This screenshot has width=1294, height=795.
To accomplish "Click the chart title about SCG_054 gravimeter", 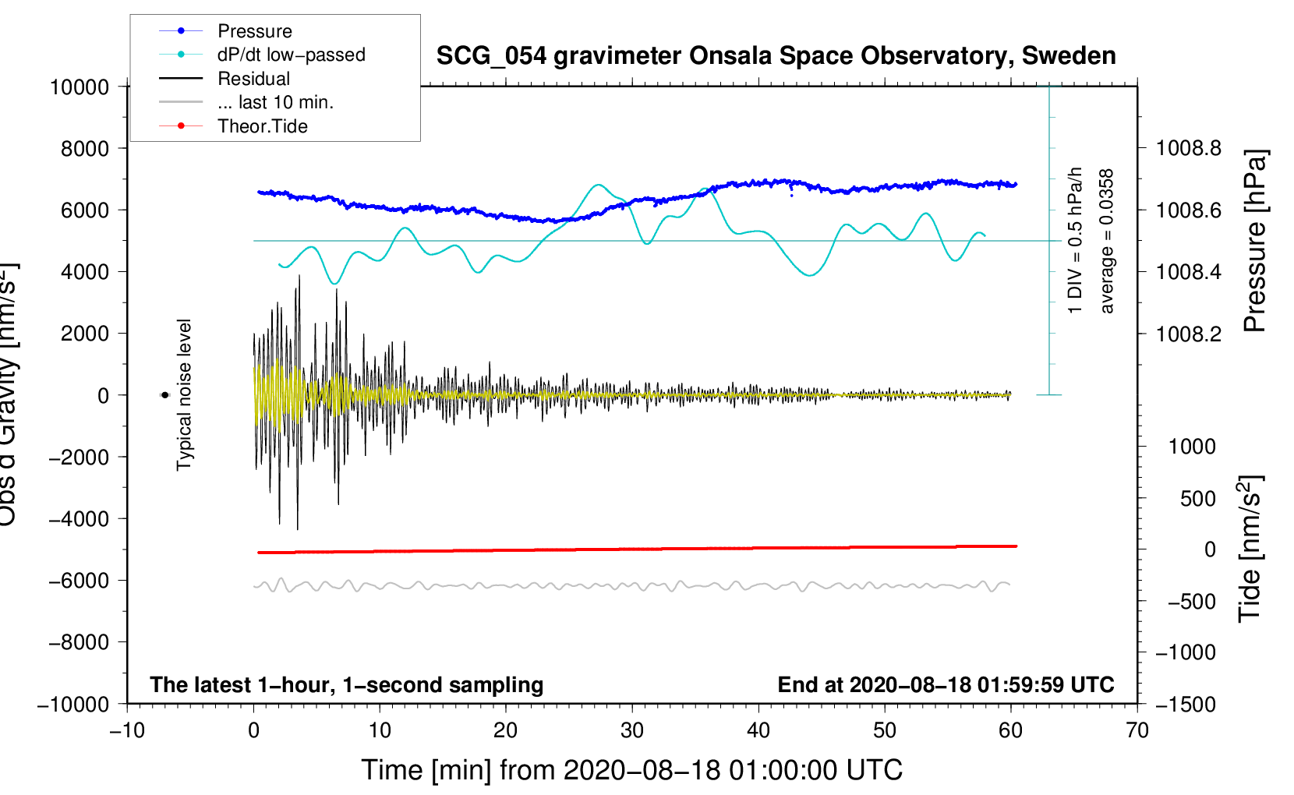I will (x=776, y=56).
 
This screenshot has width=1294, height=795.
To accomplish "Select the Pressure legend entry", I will (x=254, y=31).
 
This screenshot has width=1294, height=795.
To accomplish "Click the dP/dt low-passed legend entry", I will (x=291, y=55).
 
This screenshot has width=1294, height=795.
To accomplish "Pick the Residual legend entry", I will (x=253, y=79).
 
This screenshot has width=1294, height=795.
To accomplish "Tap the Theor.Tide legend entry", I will (x=262, y=126).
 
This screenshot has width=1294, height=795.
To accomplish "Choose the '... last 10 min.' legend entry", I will (x=275, y=102).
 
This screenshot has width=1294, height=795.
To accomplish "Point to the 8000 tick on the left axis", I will (x=85, y=148).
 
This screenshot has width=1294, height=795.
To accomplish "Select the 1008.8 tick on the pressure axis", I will (x=1189, y=148).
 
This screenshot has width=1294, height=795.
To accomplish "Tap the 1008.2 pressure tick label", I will (x=1189, y=334).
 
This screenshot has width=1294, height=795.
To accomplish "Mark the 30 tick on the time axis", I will (x=632, y=730).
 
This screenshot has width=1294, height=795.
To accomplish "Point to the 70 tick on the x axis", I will (x=1137, y=730).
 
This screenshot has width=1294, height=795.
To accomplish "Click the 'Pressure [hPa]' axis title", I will (x=1255, y=242).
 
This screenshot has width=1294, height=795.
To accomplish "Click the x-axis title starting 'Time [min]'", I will (x=632, y=770).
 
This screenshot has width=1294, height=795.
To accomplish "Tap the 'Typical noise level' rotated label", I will (x=184, y=394).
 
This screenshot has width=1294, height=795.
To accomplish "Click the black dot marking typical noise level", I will (x=164, y=395).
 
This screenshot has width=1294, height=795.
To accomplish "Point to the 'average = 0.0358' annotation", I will (x=1107, y=242).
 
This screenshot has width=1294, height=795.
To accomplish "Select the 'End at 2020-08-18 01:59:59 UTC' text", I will (x=946, y=684).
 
